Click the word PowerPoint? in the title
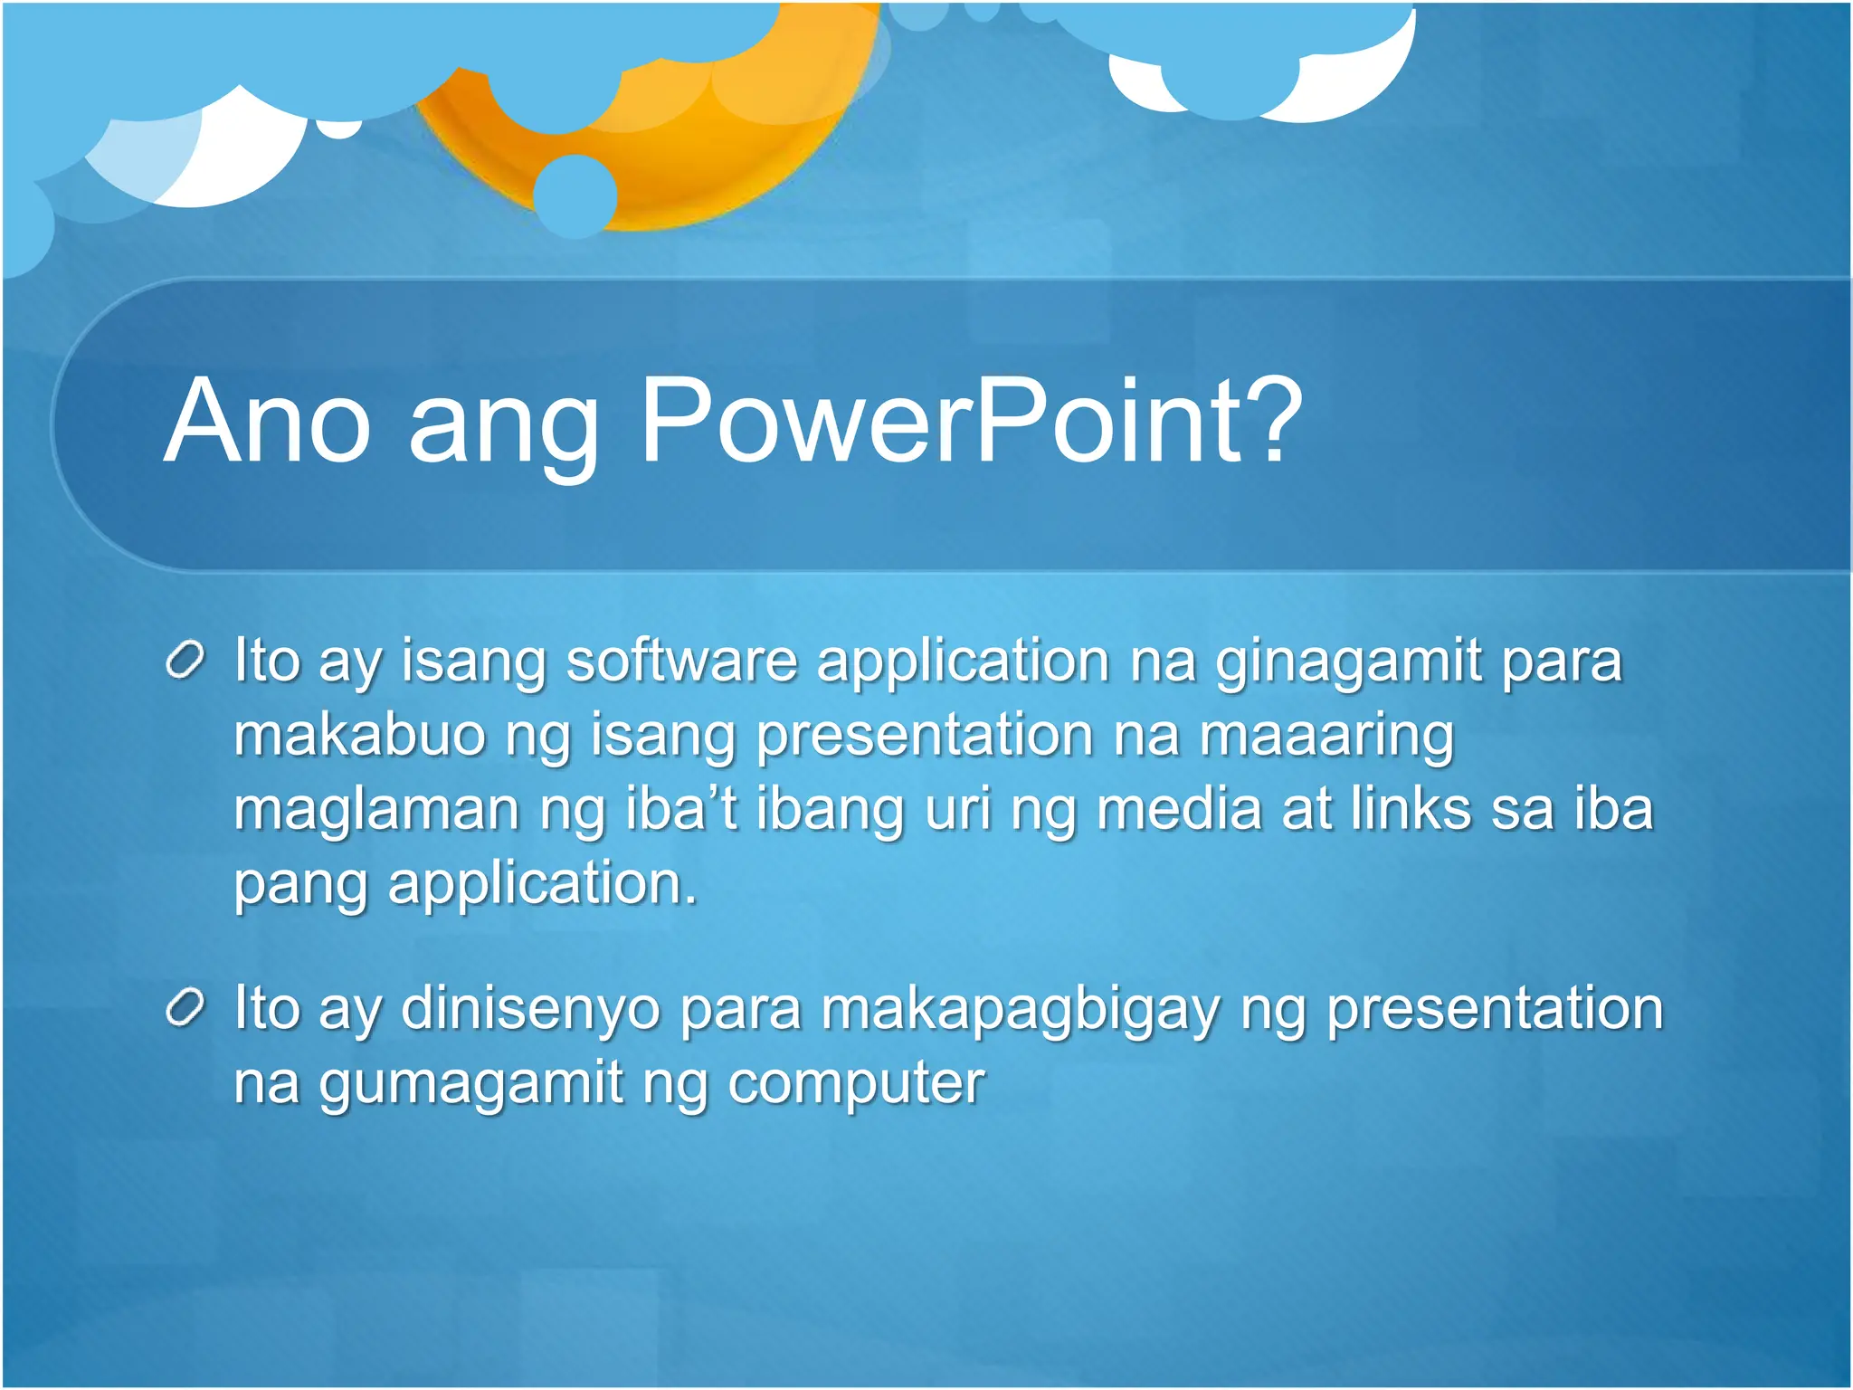click(x=970, y=422)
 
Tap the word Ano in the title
click(x=267, y=422)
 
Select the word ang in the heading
click(x=503, y=430)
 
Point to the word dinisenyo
click(x=530, y=1011)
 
